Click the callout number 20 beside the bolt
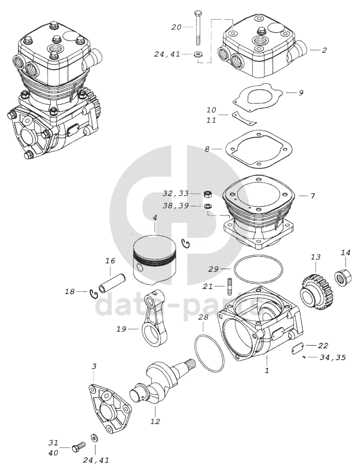[x=177, y=27]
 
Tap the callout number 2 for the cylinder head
[x=325, y=50]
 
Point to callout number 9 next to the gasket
[x=301, y=93]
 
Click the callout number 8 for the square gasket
[x=207, y=149]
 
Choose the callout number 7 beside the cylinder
[x=313, y=196]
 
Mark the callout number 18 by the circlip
[x=70, y=292]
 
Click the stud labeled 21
[x=230, y=286]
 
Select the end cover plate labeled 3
[x=109, y=408]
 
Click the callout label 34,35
[x=332, y=358]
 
